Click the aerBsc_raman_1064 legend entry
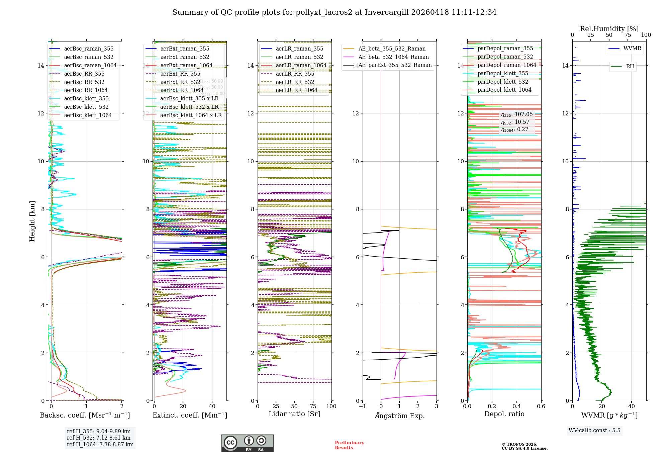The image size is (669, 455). [90, 65]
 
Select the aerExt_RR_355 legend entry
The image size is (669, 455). [180, 74]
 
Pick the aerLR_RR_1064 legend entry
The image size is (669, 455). [296, 90]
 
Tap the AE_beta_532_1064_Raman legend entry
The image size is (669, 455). [393, 57]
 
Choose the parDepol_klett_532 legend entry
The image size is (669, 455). [503, 82]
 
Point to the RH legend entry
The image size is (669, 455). [630, 67]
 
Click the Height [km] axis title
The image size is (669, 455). [32, 221]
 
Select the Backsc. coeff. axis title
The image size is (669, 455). [85, 415]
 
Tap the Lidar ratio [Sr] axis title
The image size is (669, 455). [294, 414]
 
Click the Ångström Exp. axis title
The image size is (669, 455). [400, 416]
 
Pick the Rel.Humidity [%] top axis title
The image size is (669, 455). [609, 29]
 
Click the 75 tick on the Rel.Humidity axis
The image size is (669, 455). [628, 35]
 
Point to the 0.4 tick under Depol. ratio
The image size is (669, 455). [516, 406]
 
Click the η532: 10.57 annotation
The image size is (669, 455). [515, 122]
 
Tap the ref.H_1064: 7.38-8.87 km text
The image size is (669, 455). [100, 444]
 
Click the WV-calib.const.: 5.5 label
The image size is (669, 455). [594, 430]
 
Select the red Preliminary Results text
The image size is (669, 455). [349, 445]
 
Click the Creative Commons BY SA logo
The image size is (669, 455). [247, 443]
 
